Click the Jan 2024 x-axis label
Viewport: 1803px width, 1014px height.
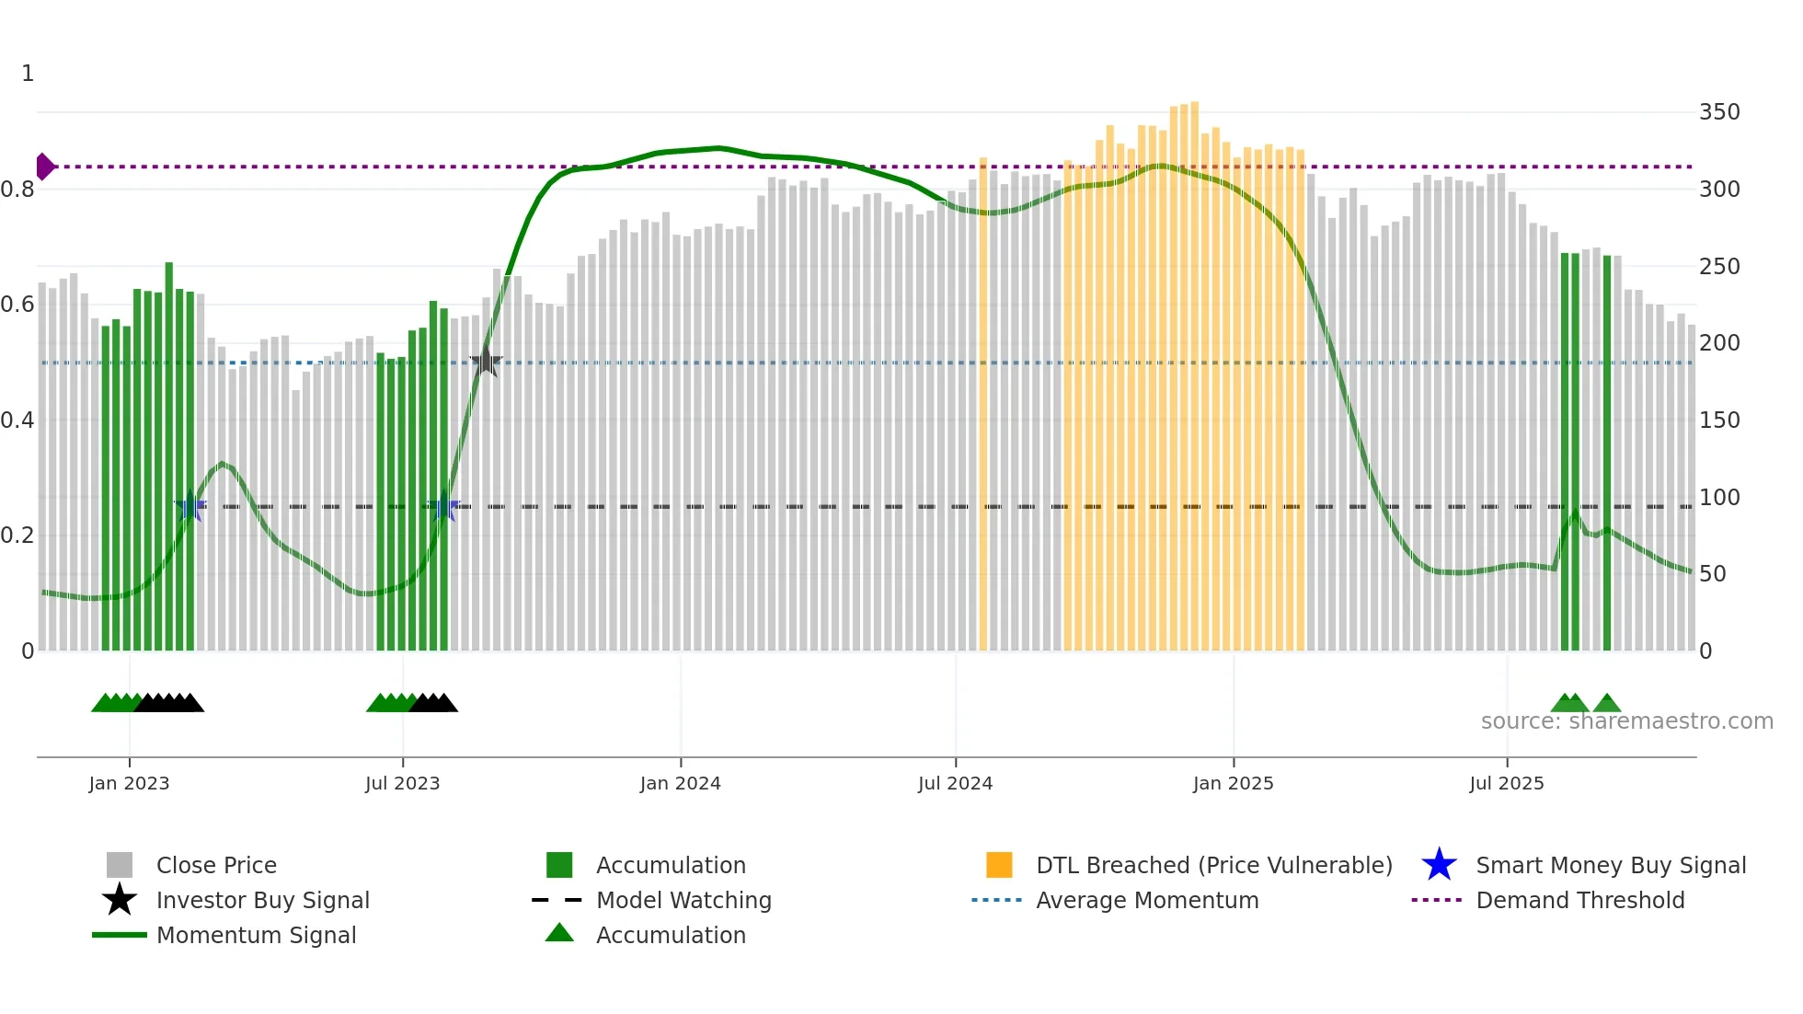click(x=680, y=783)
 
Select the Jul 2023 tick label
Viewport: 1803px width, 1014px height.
click(x=402, y=783)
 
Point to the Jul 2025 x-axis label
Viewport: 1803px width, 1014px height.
click(x=1506, y=783)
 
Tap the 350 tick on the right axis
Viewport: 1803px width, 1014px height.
click(x=1718, y=112)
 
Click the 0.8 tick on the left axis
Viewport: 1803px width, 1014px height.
click(x=18, y=190)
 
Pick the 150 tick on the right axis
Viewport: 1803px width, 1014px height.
click(x=1718, y=421)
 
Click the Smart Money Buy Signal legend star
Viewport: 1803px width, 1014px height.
click(x=1439, y=865)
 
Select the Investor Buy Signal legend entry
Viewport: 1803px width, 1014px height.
click(x=262, y=900)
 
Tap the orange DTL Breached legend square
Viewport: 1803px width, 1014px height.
click(x=999, y=865)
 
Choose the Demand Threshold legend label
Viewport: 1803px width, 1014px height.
click(x=1579, y=900)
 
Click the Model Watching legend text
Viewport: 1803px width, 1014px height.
click(x=683, y=900)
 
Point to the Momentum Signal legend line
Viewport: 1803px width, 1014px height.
click(x=120, y=935)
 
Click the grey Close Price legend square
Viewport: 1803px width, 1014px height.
click(x=120, y=865)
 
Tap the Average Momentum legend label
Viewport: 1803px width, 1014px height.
click(x=1147, y=900)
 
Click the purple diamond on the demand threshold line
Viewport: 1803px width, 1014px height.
click(x=44, y=167)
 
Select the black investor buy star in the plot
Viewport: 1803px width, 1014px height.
click(x=486, y=363)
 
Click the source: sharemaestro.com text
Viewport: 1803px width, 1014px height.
click(x=1626, y=721)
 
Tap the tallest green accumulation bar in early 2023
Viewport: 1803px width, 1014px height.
click(x=169, y=455)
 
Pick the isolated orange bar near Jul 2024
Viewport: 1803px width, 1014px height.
click(x=982, y=405)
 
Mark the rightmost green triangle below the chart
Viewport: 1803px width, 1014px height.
click(x=1606, y=704)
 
